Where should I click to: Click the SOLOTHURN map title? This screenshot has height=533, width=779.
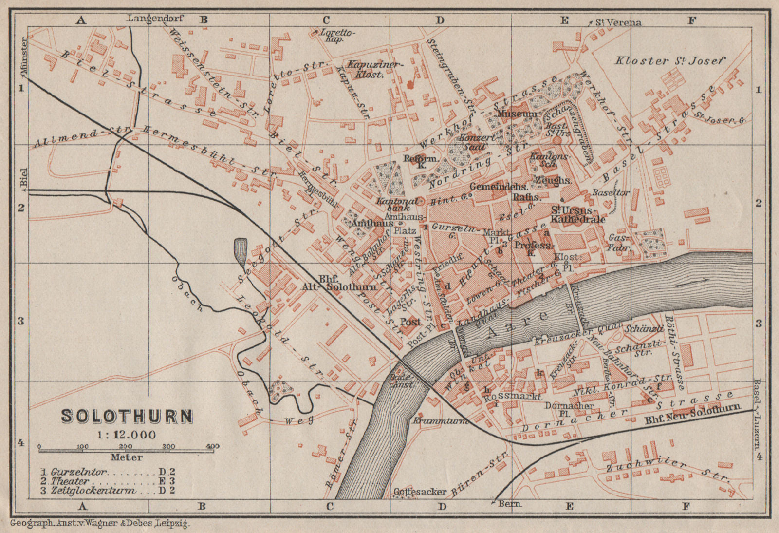click(127, 417)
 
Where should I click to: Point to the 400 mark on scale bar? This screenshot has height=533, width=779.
click(212, 446)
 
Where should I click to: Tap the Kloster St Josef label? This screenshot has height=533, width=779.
click(669, 61)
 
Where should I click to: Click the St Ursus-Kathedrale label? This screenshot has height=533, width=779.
click(577, 215)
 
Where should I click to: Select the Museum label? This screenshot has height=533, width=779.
click(517, 114)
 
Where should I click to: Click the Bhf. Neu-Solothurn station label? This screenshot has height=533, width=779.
click(691, 415)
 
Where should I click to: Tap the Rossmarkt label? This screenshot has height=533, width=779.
click(514, 397)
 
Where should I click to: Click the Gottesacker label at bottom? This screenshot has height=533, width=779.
click(419, 492)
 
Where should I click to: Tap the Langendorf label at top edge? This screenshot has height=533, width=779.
click(155, 19)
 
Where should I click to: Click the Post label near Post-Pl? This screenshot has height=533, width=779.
click(410, 322)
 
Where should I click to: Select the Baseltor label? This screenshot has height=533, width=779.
click(610, 193)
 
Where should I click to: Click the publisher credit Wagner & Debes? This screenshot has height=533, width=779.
click(100, 524)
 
